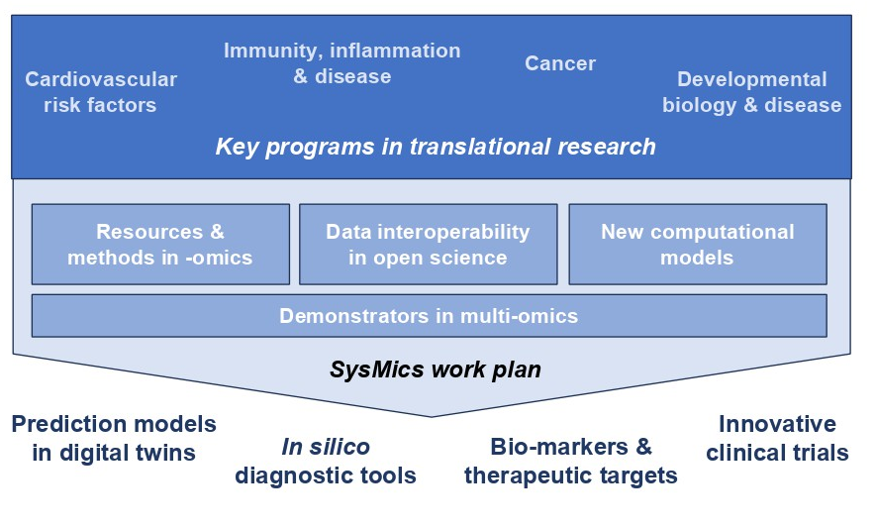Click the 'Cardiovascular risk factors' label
(100, 91)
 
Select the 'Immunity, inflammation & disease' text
(341, 62)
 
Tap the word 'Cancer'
(560, 63)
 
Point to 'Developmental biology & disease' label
(751, 92)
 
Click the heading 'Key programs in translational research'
(436, 147)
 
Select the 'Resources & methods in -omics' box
(160, 245)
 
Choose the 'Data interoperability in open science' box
(428, 245)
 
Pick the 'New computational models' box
(697, 245)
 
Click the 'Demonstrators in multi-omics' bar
(429, 316)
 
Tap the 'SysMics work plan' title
(436, 370)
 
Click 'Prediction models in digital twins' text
(113, 438)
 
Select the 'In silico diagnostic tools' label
(326, 462)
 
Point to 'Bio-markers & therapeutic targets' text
(571, 462)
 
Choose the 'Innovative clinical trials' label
(777, 438)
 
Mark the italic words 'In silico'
(325, 448)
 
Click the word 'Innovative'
(777, 424)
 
